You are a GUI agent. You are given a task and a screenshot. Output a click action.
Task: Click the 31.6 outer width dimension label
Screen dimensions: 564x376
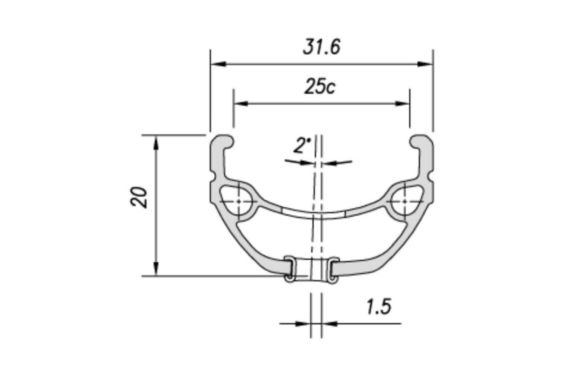point(321,47)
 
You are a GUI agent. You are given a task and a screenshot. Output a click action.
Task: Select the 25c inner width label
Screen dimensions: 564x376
point(320,86)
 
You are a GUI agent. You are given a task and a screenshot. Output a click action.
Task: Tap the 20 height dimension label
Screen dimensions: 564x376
point(139,197)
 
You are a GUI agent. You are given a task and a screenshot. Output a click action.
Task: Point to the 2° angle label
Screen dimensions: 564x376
point(302,145)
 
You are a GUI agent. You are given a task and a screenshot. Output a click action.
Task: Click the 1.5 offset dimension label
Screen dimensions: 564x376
point(379,306)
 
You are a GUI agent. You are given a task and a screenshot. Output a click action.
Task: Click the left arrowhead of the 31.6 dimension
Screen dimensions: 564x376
point(218,64)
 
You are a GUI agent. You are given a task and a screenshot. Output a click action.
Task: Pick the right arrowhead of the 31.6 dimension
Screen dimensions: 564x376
point(425,64)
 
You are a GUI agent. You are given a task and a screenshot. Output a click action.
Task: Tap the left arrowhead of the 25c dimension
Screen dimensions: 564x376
point(241,103)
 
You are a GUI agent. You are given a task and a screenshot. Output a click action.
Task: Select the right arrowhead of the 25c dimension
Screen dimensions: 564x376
point(402,103)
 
